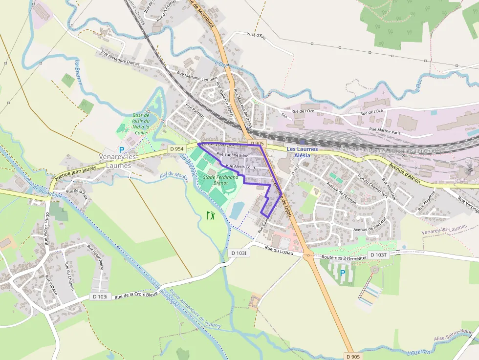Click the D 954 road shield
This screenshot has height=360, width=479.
pos(176,148)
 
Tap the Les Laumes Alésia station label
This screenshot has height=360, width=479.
pos(302,152)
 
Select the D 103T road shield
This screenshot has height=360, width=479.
pos(378,255)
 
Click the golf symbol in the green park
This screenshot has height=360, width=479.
pos(211,215)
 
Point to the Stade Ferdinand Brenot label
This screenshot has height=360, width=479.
pos(221,180)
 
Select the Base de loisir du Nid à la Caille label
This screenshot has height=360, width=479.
pos(141,124)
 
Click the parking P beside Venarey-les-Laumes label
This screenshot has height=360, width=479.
pos(122,150)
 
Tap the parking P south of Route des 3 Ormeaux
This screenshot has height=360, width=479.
pos(343,273)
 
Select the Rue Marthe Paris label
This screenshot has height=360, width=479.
pos(385,130)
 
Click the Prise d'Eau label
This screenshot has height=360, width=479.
pos(256,36)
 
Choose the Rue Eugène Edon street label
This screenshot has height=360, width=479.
pos(233,155)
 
